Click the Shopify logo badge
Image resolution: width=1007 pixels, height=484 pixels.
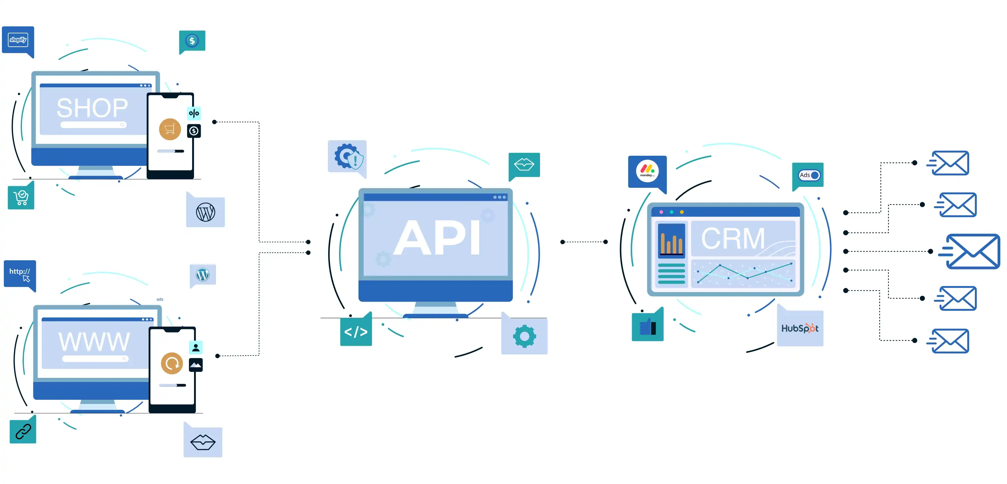(18, 40)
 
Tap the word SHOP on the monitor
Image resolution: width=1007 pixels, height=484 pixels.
(92, 108)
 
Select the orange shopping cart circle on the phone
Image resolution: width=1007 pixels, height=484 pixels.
(170, 129)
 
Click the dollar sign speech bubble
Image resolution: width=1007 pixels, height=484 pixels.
(192, 41)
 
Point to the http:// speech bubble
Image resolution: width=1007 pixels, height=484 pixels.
(19, 273)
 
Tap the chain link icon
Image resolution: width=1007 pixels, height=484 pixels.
(23, 431)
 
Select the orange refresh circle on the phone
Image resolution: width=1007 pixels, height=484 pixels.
(172, 363)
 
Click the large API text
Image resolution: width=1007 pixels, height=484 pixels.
(437, 237)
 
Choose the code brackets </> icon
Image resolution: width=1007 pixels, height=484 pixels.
(356, 332)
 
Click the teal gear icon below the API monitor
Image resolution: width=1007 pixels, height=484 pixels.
(524, 336)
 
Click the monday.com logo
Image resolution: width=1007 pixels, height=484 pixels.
(647, 171)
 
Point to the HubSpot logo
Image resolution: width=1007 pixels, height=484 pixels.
(800, 328)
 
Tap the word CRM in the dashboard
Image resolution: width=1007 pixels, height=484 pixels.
(733, 238)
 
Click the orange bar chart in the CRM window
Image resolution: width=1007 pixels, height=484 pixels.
(671, 240)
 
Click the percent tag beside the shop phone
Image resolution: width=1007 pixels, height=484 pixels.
(194, 113)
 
